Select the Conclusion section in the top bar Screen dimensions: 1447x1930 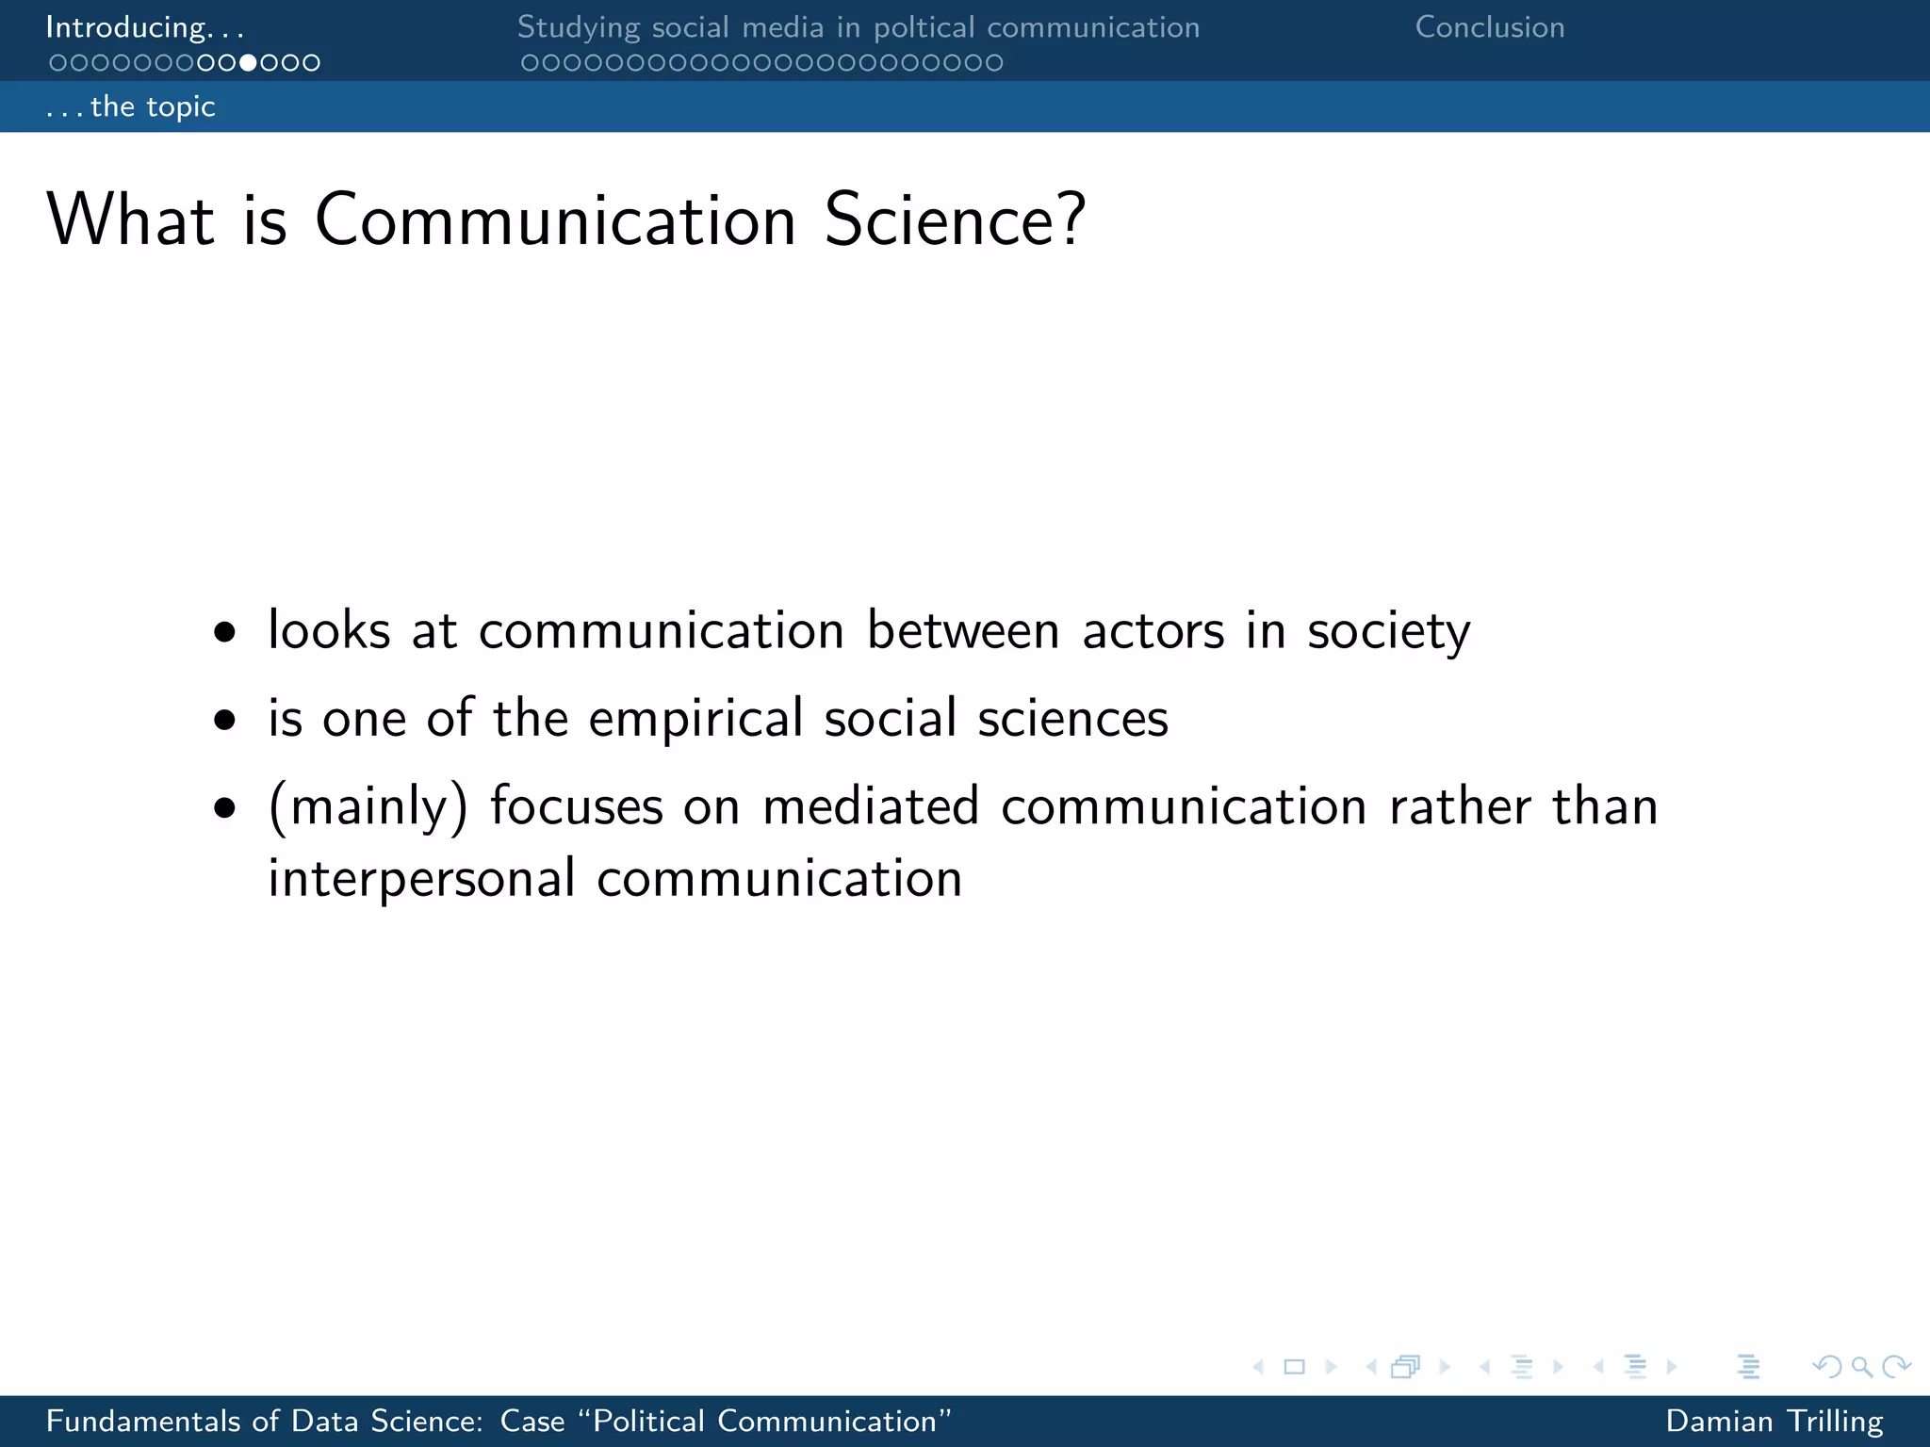(1490, 27)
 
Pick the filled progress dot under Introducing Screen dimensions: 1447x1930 (248, 63)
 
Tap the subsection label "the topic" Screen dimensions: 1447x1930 (153, 106)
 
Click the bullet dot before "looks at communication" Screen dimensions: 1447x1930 (224, 632)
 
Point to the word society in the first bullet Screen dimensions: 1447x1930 (1387, 631)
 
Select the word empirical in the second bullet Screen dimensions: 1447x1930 (696, 719)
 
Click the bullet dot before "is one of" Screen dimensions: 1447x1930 (224, 721)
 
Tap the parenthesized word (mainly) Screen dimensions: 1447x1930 (368, 807)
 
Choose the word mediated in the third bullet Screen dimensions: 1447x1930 (870, 807)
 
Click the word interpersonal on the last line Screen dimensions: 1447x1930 (421, 879)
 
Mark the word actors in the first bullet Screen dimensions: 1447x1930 (1153, 630)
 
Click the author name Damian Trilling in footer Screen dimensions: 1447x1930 (1774, 1421)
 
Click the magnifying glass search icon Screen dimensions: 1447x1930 (1861, 1366)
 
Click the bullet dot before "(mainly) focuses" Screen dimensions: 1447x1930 (224, 807)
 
